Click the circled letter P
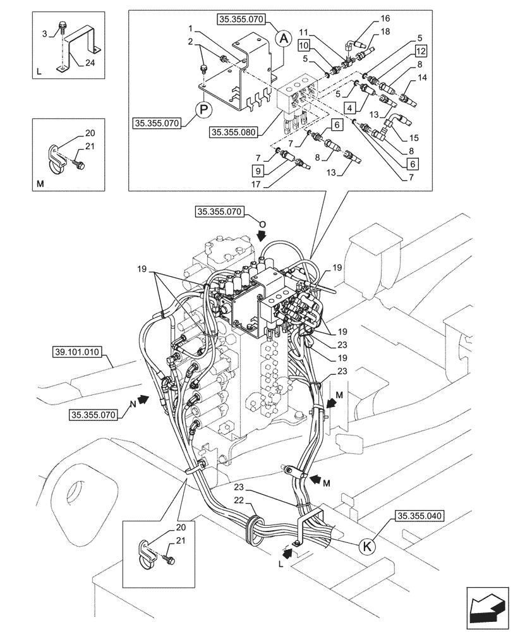coord(204,109)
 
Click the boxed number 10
coord(304,45)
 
